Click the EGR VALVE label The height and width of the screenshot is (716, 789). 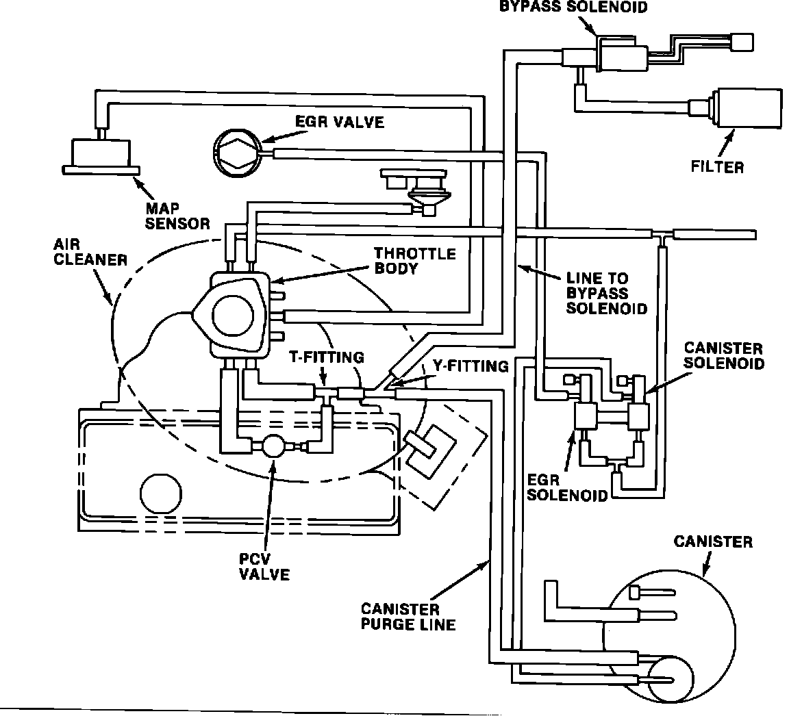tap(339, 122)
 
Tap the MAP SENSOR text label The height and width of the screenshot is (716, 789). tap(177, 216)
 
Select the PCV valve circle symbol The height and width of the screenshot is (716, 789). tap(275, 446)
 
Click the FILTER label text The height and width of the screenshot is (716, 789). tap(717, 166)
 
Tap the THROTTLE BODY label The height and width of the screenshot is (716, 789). tap(414, 260)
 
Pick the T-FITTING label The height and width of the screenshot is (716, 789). tap(327, 357)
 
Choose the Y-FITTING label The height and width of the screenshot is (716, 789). tap(471, 366)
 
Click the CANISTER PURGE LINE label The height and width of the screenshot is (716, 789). tap(408, 617)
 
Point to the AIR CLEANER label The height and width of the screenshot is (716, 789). tap(90, 252)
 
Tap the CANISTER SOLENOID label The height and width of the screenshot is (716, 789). tap(724, 355)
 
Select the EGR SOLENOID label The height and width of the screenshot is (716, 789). tap(567, 488)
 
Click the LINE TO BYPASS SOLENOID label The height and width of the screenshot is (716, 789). tap(607, 293)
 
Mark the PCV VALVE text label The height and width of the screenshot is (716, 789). tap(264, 567)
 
